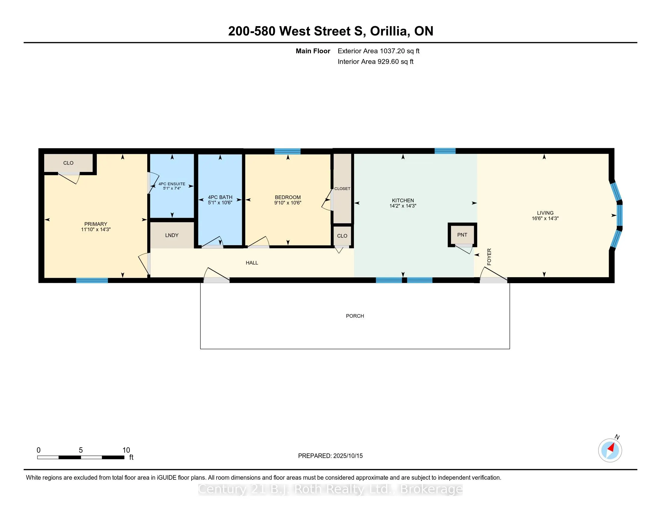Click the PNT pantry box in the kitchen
pos(462,235)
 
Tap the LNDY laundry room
pos(172,235)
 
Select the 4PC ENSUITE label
pos(172,184)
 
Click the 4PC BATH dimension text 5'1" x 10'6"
pos(220,203)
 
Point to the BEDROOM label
pos(288,197)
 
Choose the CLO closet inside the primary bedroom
pos(69,163)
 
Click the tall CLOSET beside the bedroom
pos(342,188)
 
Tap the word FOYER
pos(489,257)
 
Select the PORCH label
pos(355,316)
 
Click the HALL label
pos(252,263)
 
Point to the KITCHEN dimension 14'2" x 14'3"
pos(403,206)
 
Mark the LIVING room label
pos(545,213)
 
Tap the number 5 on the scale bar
pos(81,450)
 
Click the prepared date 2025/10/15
pos(348,456)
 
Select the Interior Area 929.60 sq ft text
pos(375,62)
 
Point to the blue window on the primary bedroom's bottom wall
pos(92,280)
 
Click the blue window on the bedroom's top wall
pos(288,151)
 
